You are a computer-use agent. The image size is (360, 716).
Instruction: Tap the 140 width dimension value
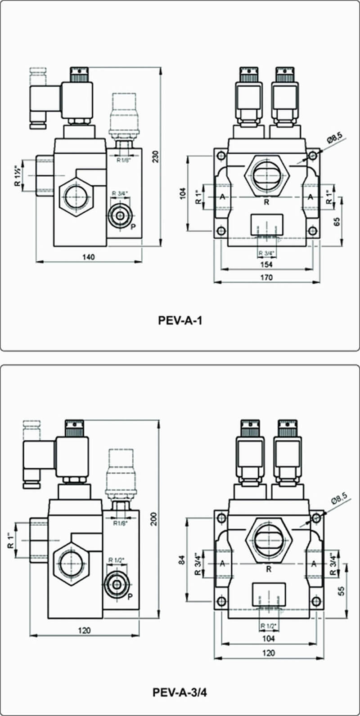point(89,257)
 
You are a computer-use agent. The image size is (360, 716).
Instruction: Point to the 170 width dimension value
point(267,277)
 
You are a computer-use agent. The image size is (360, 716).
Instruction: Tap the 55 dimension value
point(342,591)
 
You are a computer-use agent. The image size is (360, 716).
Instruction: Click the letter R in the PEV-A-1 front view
point(266,202)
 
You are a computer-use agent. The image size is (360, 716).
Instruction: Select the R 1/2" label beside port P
point(117,560)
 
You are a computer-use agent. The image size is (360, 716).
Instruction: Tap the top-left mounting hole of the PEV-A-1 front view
point(220,157)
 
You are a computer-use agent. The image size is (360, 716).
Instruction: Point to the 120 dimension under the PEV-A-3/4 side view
point(84,630)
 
